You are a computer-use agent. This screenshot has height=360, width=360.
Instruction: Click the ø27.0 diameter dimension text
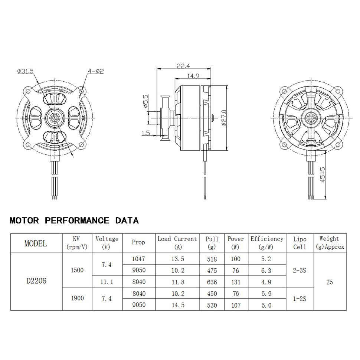[223, 118]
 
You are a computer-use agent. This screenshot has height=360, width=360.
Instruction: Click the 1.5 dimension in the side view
[146, 132]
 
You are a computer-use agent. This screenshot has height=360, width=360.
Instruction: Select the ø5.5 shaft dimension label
[145, 101]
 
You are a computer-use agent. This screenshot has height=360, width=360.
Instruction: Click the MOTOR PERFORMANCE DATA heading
[74, 221]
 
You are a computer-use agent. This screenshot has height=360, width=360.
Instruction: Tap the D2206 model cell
[36, 281]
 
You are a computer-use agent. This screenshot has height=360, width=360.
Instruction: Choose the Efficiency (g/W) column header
[266, 243]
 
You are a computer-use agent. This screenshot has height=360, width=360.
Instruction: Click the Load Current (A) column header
[177, 243]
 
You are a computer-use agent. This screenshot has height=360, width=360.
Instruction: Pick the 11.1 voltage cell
[107, 282]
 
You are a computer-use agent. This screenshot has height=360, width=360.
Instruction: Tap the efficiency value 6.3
[266, 271]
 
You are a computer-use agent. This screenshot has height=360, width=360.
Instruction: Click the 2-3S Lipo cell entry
[299, 271]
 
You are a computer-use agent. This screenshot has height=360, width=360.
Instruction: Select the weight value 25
[330, 282]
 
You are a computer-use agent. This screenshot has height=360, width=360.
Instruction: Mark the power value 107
[236, 305]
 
